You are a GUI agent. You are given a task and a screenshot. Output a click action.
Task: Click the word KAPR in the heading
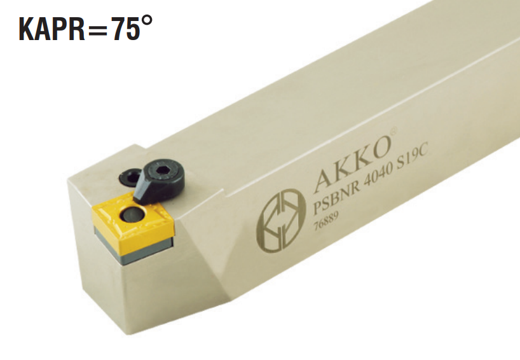click(52, 29)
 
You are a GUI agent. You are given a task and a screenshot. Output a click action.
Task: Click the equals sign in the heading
click(98, 30)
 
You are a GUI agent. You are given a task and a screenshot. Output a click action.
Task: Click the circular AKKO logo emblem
click(281, 219)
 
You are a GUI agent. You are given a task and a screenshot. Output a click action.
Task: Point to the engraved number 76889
click(326, 221)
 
